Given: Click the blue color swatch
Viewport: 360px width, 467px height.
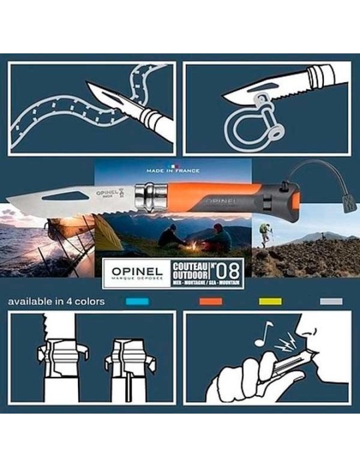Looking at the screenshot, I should click(x=137, y=302).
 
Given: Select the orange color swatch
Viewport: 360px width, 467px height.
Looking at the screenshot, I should click(x=210, y=302).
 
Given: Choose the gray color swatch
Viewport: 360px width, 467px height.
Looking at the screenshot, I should click(x=331, y=302).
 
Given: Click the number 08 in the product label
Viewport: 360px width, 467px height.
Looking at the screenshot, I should click(x=229, y=273).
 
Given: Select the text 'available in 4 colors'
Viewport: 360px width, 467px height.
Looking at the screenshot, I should click(x=56, y=302).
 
